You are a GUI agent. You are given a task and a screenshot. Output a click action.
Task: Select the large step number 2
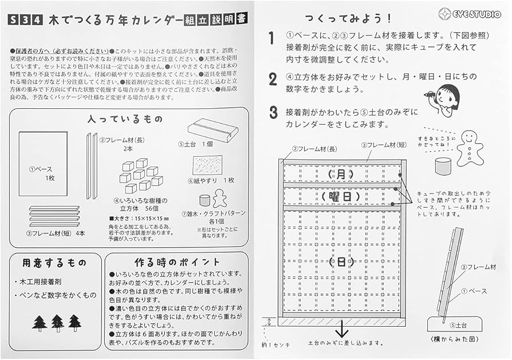point(273,79)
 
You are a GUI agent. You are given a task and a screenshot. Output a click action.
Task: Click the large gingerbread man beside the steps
point(470,148)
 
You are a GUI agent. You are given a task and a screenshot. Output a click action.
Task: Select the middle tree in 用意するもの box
point(57,323)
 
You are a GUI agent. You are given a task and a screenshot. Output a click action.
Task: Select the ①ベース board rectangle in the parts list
point(43,164)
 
